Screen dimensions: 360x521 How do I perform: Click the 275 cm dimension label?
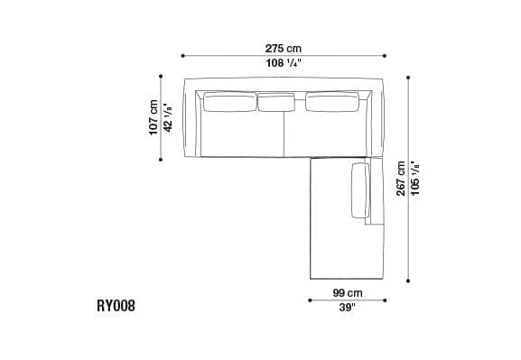click(x=283, y=48)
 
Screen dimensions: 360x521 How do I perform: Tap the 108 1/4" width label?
click(x=283, y=63)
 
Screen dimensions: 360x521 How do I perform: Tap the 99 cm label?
click(x=347, y=292)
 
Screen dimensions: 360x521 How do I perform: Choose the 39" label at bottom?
click(x=347, y=308)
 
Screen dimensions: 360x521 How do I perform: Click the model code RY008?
click(x=116, y=306)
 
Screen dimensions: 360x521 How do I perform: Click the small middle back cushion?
click(x=272, y=103)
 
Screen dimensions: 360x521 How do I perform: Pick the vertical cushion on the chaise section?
click(x=358, y=191)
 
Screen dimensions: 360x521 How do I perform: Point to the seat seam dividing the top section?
click(x=284, y=134)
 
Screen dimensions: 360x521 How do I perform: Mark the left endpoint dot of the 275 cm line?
click(x=183, y=55)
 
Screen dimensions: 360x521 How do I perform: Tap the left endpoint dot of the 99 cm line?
click(x=310, y=300)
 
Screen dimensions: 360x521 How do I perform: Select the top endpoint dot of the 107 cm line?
click(x=161, y=78)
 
